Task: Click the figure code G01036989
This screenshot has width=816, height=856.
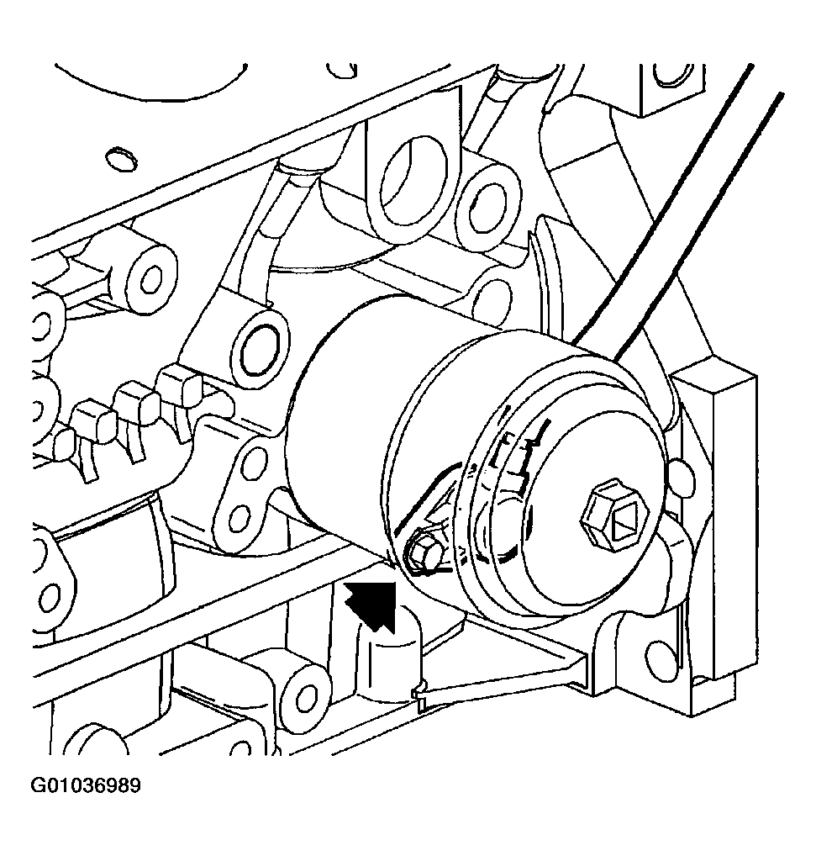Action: [85, 785]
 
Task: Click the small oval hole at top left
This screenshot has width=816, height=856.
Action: [120, 158]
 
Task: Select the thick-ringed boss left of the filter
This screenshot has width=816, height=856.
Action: [260, 347]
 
